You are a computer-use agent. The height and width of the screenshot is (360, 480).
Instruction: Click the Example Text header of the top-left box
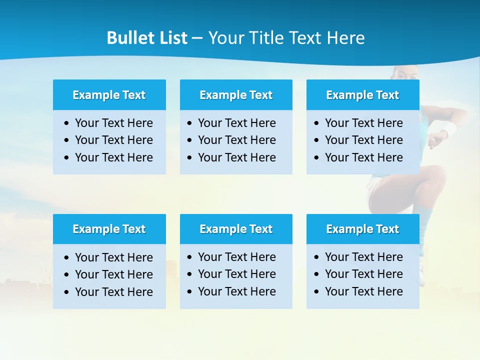109,95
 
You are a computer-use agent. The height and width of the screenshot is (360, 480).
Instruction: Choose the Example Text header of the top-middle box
236,95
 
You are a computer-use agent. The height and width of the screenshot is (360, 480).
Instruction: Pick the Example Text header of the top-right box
362,95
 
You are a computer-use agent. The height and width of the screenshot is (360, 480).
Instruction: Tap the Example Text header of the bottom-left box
109,229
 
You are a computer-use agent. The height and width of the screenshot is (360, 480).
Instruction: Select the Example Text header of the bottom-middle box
236,229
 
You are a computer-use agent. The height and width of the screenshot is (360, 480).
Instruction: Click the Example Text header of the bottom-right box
362,229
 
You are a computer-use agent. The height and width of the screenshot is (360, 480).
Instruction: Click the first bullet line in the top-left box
113,123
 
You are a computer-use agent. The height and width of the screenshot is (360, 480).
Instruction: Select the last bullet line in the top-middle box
236,157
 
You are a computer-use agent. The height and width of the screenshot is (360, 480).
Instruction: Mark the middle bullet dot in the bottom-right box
316,274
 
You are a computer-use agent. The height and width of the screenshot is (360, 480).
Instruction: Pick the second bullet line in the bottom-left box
113,274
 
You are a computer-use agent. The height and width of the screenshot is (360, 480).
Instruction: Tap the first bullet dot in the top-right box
316,123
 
